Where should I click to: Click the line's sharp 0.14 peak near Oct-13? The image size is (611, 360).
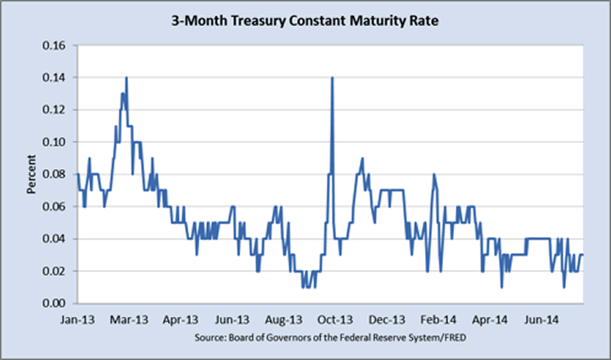tap(332, 78)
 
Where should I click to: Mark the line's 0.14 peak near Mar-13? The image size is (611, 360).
tap(126, 78)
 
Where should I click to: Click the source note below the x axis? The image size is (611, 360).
tap(330, 339)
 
